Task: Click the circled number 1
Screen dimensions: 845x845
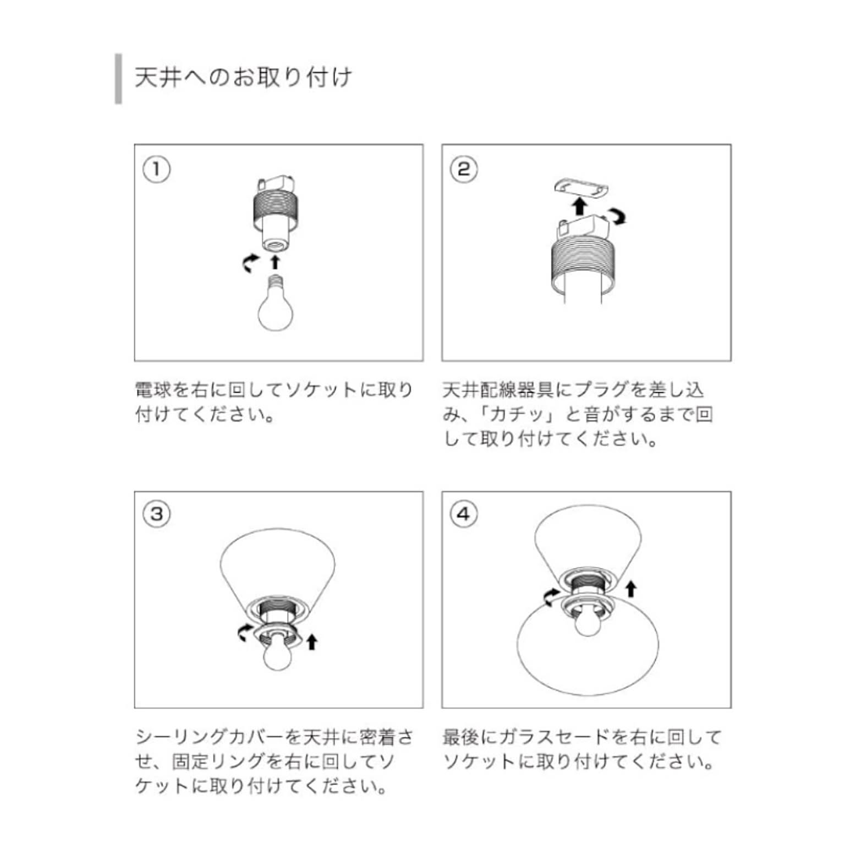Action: click(x=157, y=169)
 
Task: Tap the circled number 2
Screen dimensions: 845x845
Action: click(x=464, y=169)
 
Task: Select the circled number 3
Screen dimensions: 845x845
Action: click(x=157, y=514)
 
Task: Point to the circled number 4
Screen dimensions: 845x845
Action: click(x=464, y=514)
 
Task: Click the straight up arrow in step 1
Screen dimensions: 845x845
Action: click(x=275, y=261)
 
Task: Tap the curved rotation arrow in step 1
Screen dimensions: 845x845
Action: click(x=251, y=263)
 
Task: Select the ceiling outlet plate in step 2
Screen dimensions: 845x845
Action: click(x=581, y=189)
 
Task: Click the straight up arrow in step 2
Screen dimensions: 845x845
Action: click(x=579, y=207)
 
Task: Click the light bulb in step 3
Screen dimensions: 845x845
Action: click(x=279, y=651)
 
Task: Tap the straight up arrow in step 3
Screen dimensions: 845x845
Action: click(x=312, y=641)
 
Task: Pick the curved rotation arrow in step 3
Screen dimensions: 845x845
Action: click(x=245, y=633)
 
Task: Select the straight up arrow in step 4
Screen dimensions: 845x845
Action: click(x=631, y=589)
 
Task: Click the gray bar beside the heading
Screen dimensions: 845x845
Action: click(x=118, y=79)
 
